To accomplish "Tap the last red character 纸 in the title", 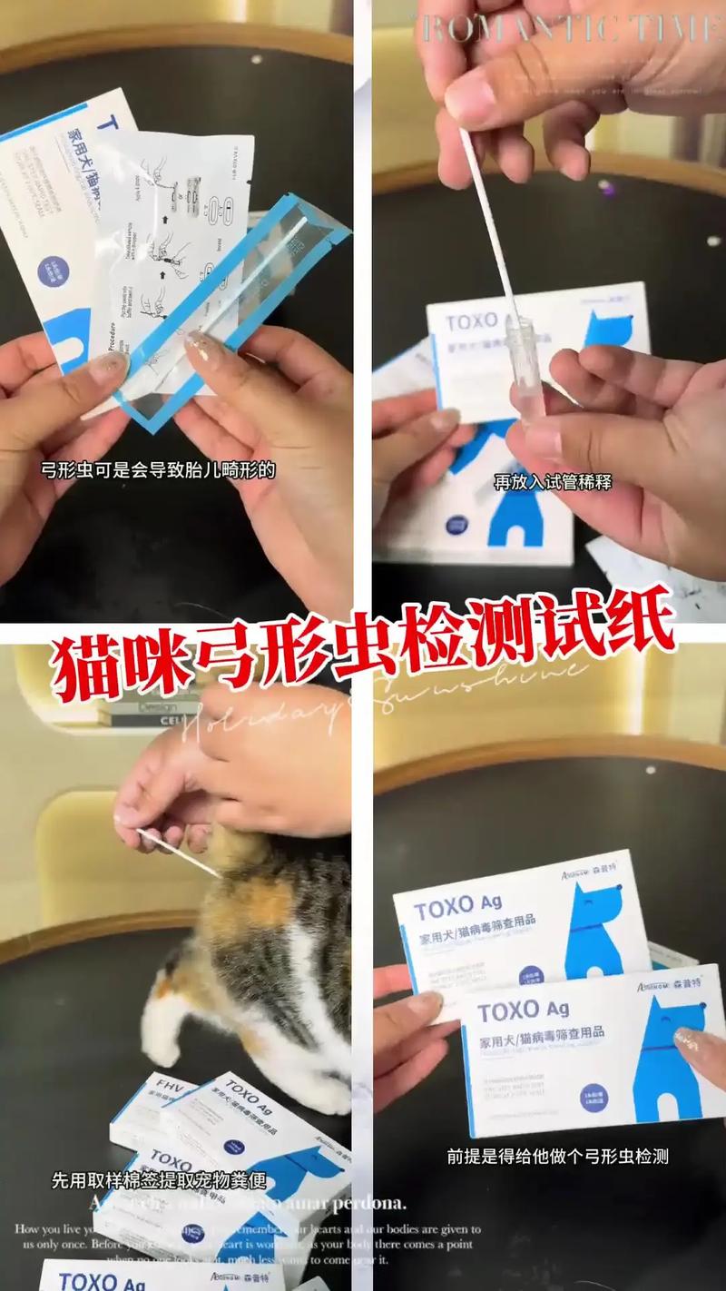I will pos(636,626).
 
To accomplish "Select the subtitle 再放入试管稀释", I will pos(552,482).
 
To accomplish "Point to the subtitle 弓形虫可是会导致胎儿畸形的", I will pos(158,470).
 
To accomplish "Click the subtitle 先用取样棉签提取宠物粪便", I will pos(159,1181).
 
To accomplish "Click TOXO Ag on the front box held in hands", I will pos(523,1010).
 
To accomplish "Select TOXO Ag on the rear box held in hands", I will pos(457,904).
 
